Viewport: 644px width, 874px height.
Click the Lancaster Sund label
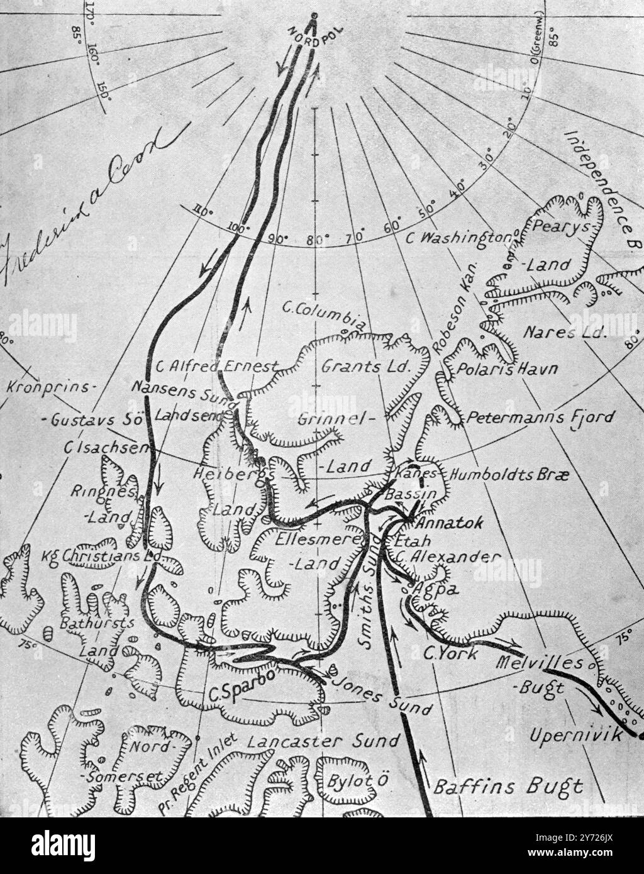click(x=323, y=743)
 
